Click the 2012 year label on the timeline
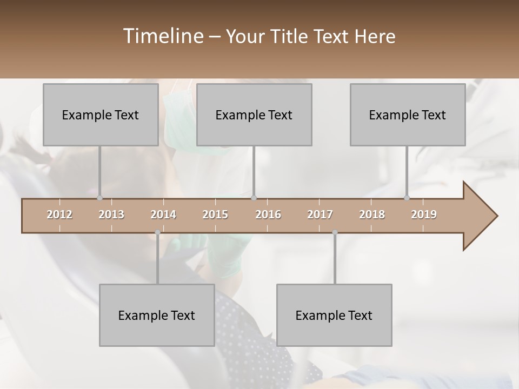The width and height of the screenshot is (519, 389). pyautogui.click(x=59, y=214)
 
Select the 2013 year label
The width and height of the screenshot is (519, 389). pyautogui.click(x=111, y=214)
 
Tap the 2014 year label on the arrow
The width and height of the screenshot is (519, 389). pyautogui.click(x=163, y=214)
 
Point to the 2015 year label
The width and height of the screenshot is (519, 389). pyautogui.click(x=215, y=214)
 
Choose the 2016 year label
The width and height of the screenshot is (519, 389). pyautogui.click(x=268, y=214)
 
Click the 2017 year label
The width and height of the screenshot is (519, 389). pyautogui.click(x=320, y=214)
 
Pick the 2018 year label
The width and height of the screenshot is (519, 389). pyautogui.click(x=372, y=214)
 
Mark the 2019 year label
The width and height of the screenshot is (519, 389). pyautogui.click(x=424, y=214)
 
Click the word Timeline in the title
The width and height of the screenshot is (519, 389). pyautogui.click(x=163, y=36)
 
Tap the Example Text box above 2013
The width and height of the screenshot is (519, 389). pyautogui.click(x=101, y=115)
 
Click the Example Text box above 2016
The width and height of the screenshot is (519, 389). pyautogui.click(x=254, y=115)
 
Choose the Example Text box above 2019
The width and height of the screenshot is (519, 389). pyautogui.click(x=408, y=115)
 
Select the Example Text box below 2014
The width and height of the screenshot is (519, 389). pyautogui.click(x=157, y=315)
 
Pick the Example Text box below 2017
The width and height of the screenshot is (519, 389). pyautogui.click(x=334, y=315)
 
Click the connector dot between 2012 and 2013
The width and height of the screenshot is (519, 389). pyautogui.click(x=99, y=198)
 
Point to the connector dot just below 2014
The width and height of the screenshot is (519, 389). pyautogui.click(x=157, y=232)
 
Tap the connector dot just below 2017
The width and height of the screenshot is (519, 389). pyautogui.click(x=335, y=232)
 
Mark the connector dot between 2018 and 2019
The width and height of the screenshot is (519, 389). pyautogui.click(x=407, y=198)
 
